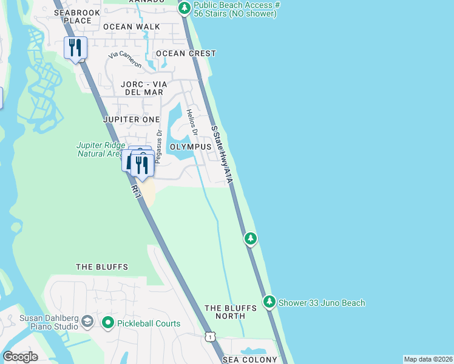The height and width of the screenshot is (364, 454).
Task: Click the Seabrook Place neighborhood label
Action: (76, 16)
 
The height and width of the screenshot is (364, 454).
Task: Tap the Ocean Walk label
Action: (131, 27)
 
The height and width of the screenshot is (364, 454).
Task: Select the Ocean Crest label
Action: (186, 53)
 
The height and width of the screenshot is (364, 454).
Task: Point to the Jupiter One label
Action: (132, 120)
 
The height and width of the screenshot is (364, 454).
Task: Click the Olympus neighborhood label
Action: (190, 147)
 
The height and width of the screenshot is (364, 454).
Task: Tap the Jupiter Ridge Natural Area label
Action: (101, 149)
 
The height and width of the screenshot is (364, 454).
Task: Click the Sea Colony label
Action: (242, 360)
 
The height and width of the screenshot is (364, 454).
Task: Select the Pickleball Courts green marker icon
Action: (109, 323)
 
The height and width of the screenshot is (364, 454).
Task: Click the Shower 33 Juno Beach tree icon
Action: (269, 302)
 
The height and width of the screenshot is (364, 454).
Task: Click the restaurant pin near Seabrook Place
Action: (76, 47)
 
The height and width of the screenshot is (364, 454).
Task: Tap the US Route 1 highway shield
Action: (209, 336)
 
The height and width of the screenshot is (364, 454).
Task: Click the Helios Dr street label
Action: (193, 122)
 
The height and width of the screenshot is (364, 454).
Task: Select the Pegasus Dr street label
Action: (158, 147)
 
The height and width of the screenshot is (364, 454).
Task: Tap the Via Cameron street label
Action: (125, 60)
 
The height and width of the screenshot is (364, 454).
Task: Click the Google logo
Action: (20, 357)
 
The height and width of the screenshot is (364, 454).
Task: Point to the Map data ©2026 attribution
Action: (428, 359)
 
